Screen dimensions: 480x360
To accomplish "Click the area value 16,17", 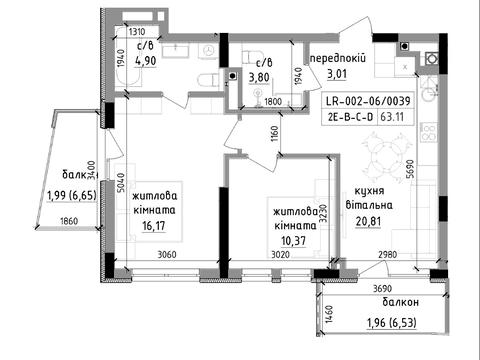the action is tap(154, 226).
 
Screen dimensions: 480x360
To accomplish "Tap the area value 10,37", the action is tap(293, 241).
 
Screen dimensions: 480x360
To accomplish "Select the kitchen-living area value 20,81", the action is tap(368, 221).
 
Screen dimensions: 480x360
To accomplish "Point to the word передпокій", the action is tap(338, 58).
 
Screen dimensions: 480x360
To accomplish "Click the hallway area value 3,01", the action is tap(337, 74).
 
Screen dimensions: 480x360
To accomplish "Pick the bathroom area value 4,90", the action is tap(146, 61).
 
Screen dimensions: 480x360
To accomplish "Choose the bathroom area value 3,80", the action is tap(259, 77).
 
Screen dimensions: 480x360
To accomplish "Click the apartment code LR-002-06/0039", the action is tap(368, 101).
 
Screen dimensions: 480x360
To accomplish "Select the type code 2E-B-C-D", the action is tap(349, 117).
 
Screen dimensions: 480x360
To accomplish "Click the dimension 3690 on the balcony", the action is tap(382, 288).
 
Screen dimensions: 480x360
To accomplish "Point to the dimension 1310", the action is tap(137, 32).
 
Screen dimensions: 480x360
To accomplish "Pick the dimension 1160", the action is tap(274, 134).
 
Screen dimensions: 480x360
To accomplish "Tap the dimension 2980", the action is tap(388, 255).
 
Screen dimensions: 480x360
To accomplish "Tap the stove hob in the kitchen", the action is tap(429, 132).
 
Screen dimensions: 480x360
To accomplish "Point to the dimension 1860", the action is tap(69, 221).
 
